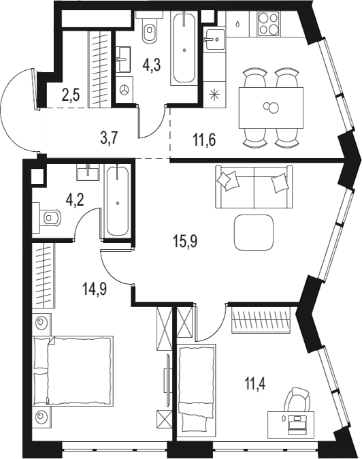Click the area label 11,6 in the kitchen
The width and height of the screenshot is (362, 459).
pyautogui.click(x=203, y=140)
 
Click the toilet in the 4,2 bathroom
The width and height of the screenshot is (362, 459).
pyautogui.click(x=50, y=217)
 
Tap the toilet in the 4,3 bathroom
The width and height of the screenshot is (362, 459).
pyautogui.click(x=150, y=29)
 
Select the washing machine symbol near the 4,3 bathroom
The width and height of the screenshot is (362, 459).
pyautogui.click(x=125, y=89)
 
